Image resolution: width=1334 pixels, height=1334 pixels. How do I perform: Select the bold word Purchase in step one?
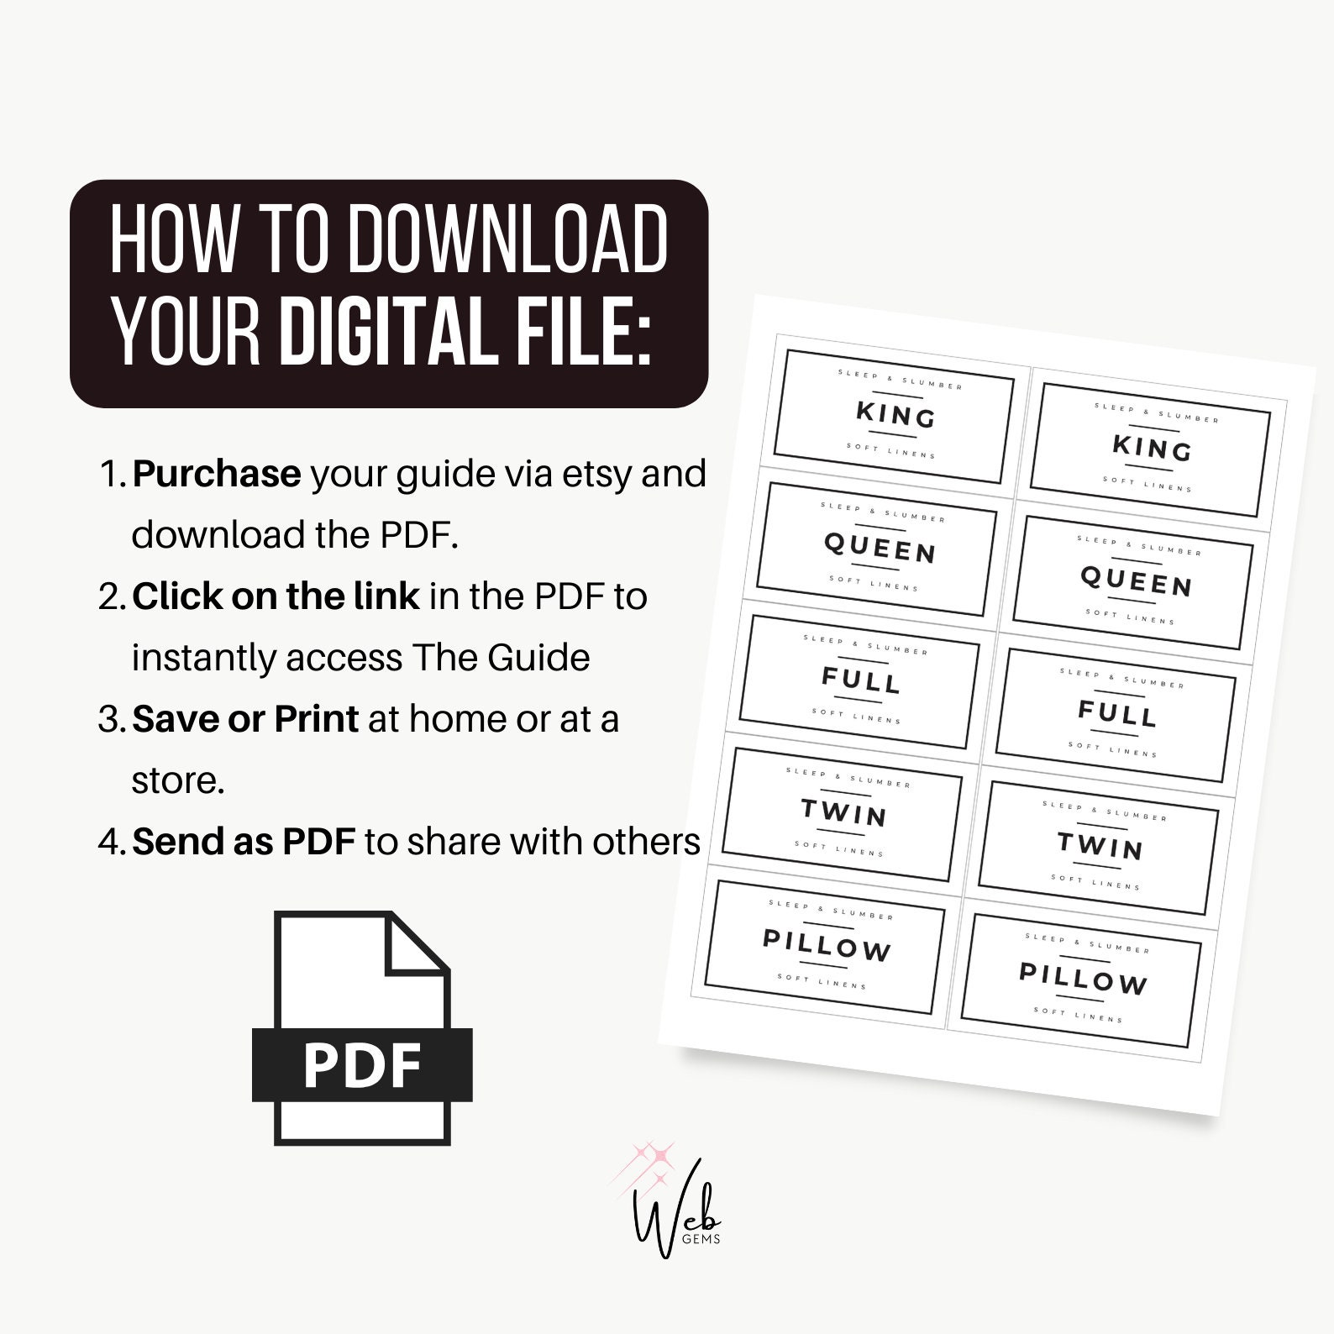point(217,474)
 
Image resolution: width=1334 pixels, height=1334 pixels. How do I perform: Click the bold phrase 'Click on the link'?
point(276,596)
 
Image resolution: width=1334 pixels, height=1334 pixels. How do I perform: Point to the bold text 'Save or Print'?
point(245,719)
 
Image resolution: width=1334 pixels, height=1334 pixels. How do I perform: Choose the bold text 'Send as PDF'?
point(244,842)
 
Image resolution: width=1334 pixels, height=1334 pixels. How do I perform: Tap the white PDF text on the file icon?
point(362,1065)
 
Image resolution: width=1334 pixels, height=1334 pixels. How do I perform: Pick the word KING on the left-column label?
point(895,414)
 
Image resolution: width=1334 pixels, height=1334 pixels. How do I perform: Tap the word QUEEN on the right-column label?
point(1136,580)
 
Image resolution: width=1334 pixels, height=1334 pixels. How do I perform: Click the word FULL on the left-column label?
point(861,680)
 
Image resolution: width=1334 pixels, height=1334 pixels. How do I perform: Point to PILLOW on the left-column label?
point(827,946)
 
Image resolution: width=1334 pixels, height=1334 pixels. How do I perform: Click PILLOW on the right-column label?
point(1083,979)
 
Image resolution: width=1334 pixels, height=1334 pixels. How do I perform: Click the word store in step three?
point(178,780)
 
